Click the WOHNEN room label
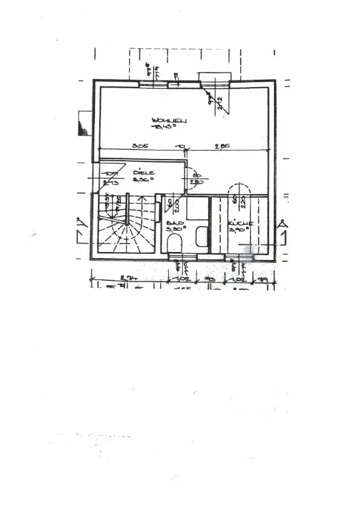pyautogui.click(x=169, y=122)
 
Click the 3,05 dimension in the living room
pyautogui.click(x=140, y=146)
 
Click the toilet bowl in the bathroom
pyautogui.click(x=175, y=244)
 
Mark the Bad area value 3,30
pyautogui.click(x=175, y=230)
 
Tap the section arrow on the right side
pyautogui.click(x=282, y=227)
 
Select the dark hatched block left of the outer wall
pyautogui.click(x=83, y=125)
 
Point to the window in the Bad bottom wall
pyautogui.click(x=182, y=257)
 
